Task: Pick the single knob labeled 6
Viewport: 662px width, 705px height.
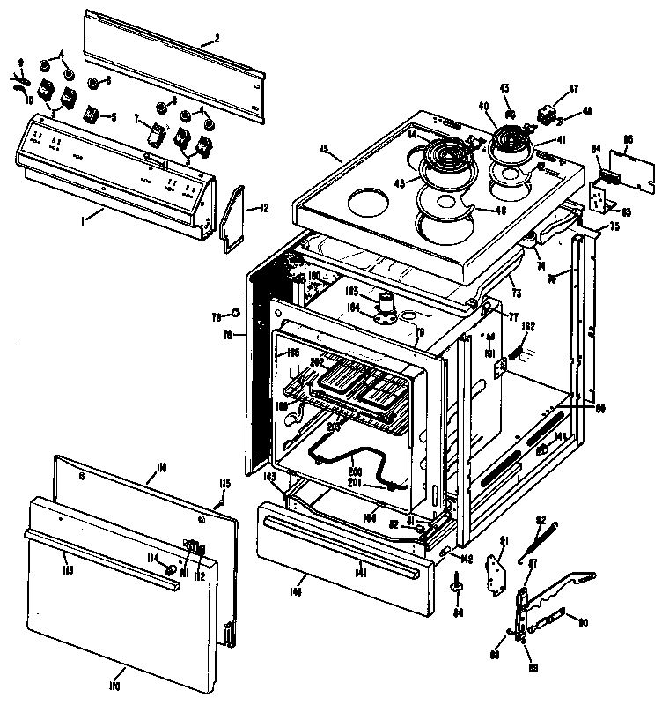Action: [92, 82]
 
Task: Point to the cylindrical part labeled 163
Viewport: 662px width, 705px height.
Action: [385, 304]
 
